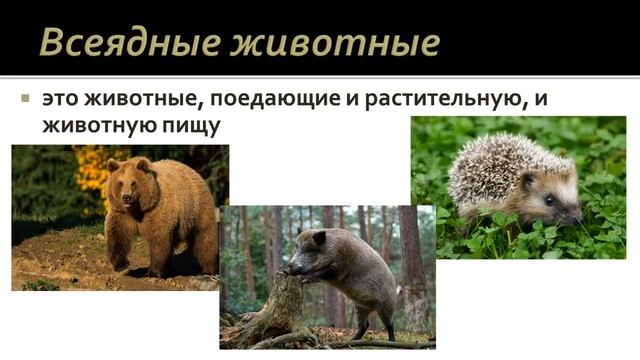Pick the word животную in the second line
coord(96,127)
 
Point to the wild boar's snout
coord(289,268)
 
